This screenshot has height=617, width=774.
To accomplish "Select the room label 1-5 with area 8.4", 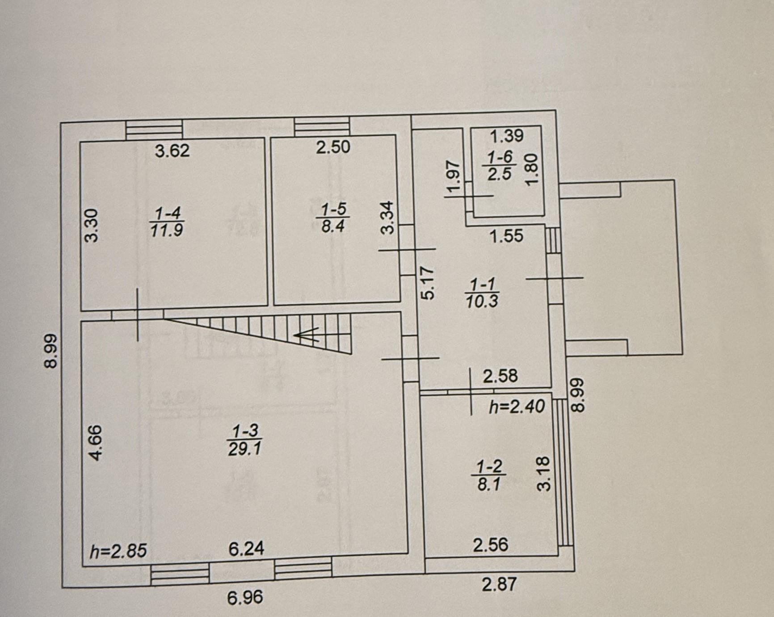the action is (333, 217).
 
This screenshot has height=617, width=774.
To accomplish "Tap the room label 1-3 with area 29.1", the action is (244, 440).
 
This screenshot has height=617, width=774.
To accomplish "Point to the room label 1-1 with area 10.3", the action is (482, 293).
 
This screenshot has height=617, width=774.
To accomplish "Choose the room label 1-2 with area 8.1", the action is (489, 476).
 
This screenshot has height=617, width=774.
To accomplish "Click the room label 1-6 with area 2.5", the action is (500, 166).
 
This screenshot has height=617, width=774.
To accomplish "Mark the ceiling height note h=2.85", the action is (118, 551).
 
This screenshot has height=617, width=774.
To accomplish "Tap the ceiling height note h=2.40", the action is (517, 407).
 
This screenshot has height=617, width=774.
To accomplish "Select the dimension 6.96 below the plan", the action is (245, 597).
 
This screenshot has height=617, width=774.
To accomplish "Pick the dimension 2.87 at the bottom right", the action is (499, 584).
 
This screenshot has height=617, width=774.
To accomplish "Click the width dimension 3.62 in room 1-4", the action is (172, 151).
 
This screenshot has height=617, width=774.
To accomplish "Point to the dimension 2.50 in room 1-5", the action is (333, 147).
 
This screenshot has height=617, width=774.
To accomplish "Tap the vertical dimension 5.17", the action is (428, 282).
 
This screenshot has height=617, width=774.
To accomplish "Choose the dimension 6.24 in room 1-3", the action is (246, 548).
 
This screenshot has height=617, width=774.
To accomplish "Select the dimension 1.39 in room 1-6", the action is (507, 135).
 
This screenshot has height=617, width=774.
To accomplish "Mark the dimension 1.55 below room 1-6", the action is (506, 235).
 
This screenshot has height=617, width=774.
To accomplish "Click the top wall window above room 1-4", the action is (154, 129).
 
